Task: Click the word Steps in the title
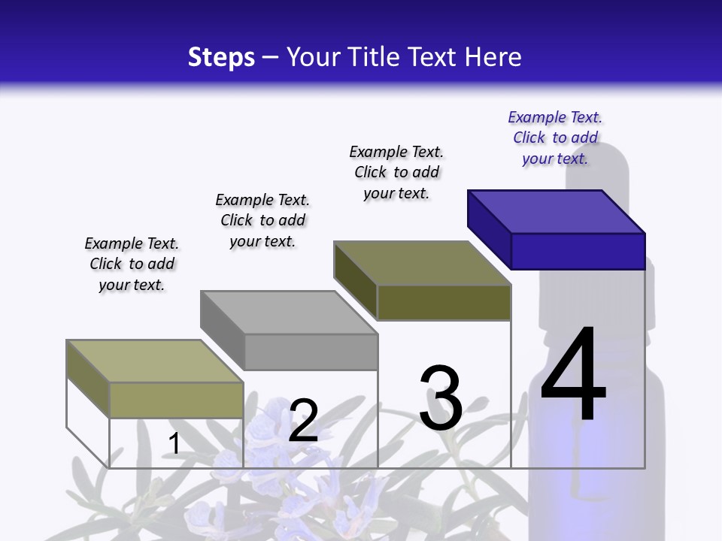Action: pyautogui.click(x=221, y=57)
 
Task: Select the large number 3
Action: pyautogui.click(x=441, y=398)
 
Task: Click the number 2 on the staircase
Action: pyautogui.click(x=303, y=421)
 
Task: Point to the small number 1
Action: pyautogui.click(x=174, y=443)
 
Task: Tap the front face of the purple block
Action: pyautogui.click(x=578, y=251)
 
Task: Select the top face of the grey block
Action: pyautogui.click(x=288, y=312)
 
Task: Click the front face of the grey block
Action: pyautogui.click(x=311, y=352)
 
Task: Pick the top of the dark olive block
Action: pyautogui.click(x=421, y=263)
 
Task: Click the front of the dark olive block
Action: pyautogui.click(x=444, y=302)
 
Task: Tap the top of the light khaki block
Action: pyautogui.click(x=154, y=361)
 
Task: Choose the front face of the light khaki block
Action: pyautogui.click(x=176, y=400)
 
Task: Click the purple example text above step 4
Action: pyautogui.click(x=555, y=138)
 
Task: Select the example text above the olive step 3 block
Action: pyautogui.click(x=396, y=172)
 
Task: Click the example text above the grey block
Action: pyautogui.click(x=262, y=220)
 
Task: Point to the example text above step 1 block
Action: pyautogui.click(x=132, y=264)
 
